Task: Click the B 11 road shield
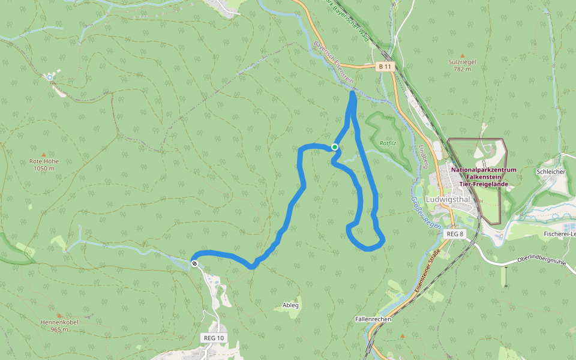[385, 67]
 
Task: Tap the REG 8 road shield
[455, 233]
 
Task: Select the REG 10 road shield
[214, 338]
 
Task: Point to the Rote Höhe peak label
[44, 161]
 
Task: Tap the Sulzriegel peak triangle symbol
[463, 52]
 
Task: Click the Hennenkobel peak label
[59, 322]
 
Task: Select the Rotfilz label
[388, 143]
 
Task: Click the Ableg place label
[290, 305]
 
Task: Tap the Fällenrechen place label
[373, 319]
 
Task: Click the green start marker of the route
[335, 146]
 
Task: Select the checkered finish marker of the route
[194, 263]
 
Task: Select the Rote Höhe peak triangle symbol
[43, 155]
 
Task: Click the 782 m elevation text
[463, 70]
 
